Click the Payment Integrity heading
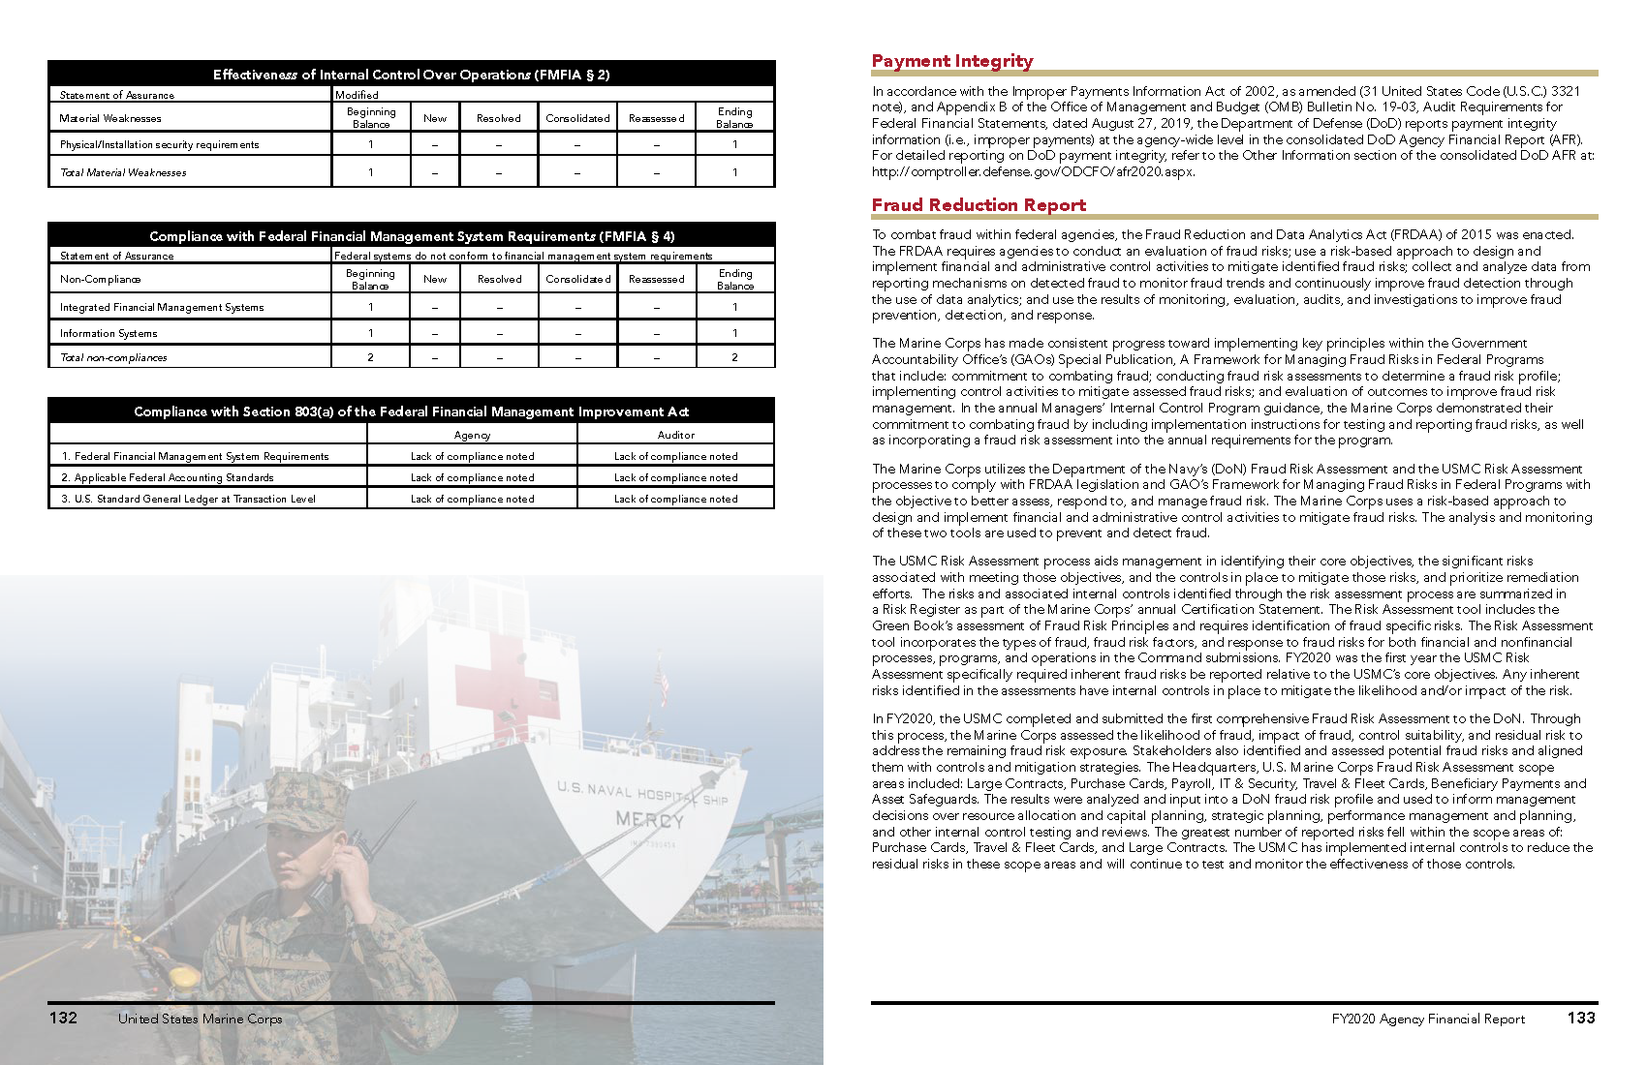click(951, 61)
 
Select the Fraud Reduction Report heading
click(979, 205)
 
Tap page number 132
click(63, 1018)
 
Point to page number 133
click(1581, 1018)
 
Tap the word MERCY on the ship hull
click(649, 820)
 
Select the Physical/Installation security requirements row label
click(159, 145)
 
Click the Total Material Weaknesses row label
click(123, 172)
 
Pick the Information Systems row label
click(109, 333)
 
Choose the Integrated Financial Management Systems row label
click(162, 307)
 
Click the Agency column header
click(472, 435)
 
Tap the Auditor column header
click(675, 435)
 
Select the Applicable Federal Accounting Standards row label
click(173, 477)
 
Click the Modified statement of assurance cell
click(357, 95)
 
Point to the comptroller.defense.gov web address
click(1033, 171)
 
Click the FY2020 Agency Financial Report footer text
click(1427, 1019)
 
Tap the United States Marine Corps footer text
click(200, 1019)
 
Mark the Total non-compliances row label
click(113, 357)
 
